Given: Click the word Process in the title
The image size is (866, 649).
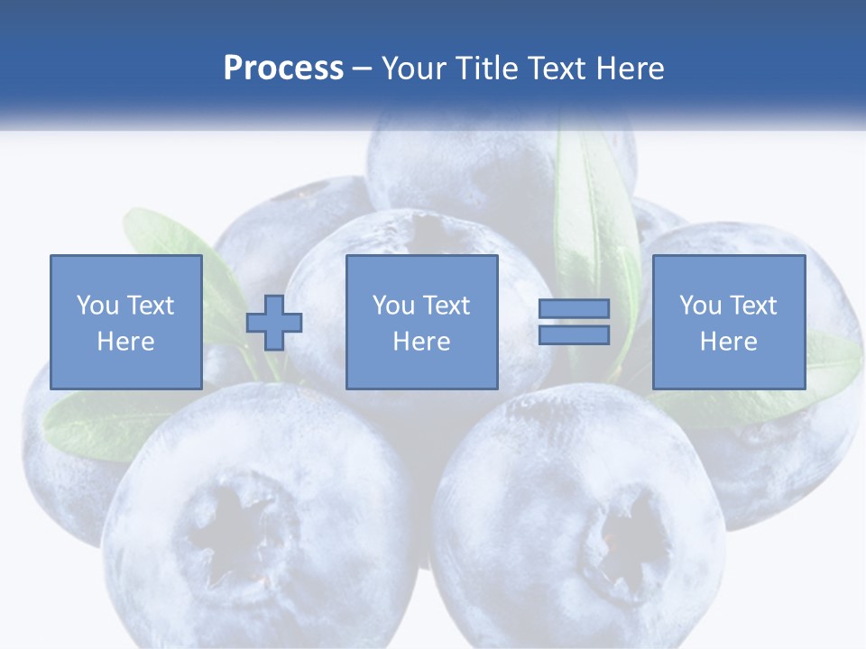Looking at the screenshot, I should pyautogui.click(x=283, y=69).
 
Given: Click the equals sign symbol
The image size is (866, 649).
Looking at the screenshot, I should pyautogui.click(x=574, y=322).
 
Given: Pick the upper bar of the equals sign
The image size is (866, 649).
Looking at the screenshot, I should pyautogui.click(x=574, y=309).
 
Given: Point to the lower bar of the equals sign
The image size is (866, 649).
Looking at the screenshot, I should pyautogui.click(x=574, y=334).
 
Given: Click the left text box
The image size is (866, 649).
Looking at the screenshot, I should pyautogui.click(x=125, y=322).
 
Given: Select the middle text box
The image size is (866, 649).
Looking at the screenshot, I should pyautogui.click(x=421, y=322).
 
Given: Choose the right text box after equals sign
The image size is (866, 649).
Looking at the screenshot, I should pyautogui.click(x=728, y=322).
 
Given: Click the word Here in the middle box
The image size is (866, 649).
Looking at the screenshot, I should pyautogui.click(x=421, y=342).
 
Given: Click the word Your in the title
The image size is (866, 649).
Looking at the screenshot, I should pyautogui.click(x=418, y=69).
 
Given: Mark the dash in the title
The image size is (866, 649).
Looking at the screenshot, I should pyautogui.click(x=363, y=69).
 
